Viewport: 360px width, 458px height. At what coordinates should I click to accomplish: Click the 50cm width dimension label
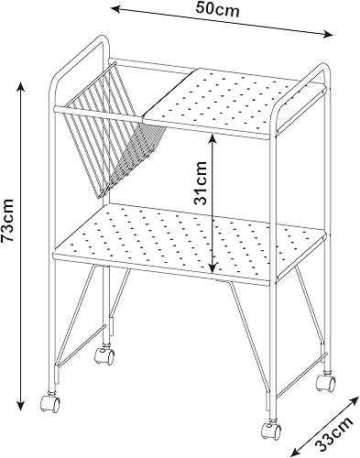217,9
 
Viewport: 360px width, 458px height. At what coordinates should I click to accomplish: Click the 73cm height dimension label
7,220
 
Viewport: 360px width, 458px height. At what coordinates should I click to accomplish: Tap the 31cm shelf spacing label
201,182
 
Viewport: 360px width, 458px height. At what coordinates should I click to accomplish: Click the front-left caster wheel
49,404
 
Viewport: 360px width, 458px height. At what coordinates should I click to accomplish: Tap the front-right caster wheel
271,431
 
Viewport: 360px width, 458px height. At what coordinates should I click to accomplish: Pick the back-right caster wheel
325,383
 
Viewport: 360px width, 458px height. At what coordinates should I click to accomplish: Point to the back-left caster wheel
104,356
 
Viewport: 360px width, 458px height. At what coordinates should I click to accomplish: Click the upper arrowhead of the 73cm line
21,86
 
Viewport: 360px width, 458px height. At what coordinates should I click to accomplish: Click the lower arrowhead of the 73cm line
21,405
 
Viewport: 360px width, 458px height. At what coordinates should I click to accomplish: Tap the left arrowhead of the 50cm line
116,9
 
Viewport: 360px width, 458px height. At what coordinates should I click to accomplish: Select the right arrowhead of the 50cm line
328,34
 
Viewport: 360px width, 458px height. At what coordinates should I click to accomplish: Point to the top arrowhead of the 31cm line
213,139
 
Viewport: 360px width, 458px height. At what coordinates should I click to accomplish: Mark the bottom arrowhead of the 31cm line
213,267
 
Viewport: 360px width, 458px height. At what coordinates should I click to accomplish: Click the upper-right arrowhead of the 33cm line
354,400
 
